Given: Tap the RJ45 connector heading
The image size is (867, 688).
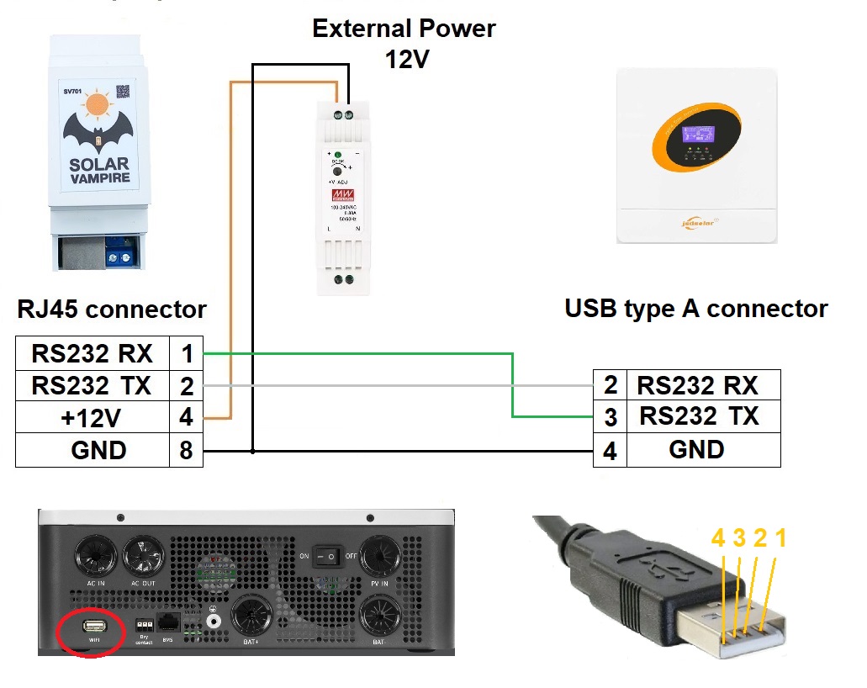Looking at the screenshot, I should pyautogui.click(x=112, y=309).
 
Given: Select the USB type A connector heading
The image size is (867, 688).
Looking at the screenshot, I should pyautogui.click(x=695, y=309).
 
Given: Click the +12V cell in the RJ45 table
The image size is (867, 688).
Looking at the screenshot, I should pyautogui.click(x=92, y=417).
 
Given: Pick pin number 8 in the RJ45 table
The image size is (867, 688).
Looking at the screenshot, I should pyautogui.click(x=186, y=450).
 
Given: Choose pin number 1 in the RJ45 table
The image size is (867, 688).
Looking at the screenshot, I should pyautogui.click(x=186, y=353).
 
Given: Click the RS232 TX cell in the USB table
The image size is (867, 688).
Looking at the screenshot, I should pyautogui.click(x=698, y=416).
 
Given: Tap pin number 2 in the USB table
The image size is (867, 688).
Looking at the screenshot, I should pyautogui.click(x=610, y=385).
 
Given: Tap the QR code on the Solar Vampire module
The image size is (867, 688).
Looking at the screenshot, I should pyautogui.click(x=124, y=91).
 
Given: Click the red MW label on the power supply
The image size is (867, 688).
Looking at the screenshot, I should pyautogui.click(x=343, y=195).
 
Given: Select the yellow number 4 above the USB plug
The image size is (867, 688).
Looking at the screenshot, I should pyautogui.click(x=718, y=539).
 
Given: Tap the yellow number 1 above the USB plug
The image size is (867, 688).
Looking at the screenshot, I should pyautogui.click(x=780, y=539).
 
